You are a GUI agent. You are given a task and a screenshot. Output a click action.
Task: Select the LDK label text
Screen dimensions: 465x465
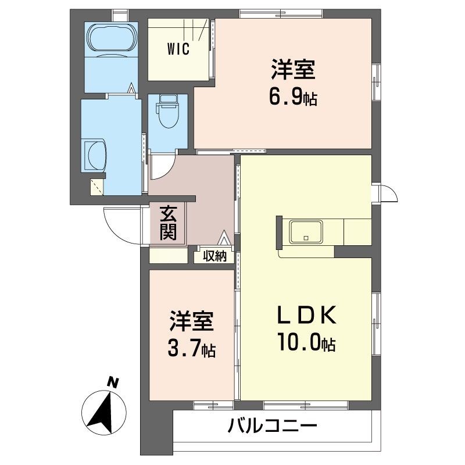click(305, 317)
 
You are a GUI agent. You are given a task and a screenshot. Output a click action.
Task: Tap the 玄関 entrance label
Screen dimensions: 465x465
click(168, 223)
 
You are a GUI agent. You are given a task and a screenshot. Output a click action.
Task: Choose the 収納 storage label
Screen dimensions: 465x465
click(214, 256)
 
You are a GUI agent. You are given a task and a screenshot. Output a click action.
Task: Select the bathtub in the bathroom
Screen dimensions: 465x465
click(112, 39)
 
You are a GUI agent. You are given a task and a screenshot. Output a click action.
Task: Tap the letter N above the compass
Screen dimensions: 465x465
click(115, 382)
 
